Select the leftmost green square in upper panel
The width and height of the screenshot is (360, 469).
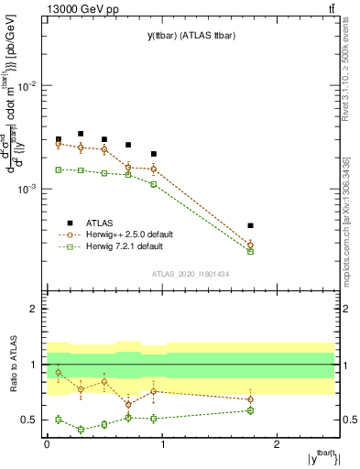pyautogui.click(x=58, y=169)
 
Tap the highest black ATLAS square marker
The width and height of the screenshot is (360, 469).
pyautogui.click(x=81, y=134)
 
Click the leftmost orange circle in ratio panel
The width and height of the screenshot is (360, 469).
pyautogui.click(x=58, y=373)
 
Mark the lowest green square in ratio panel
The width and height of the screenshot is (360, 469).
pyautogui.click(x=81, y=429)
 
